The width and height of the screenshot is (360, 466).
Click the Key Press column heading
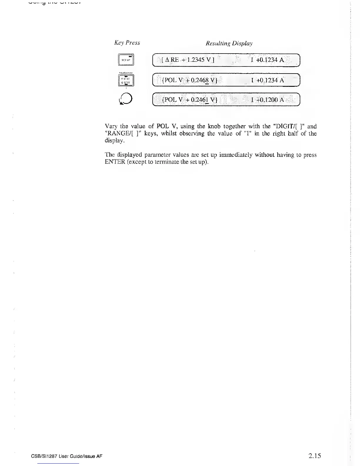[127, 43]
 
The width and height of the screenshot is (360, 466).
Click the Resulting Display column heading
[229, 44]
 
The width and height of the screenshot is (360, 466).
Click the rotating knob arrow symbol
[126, 99]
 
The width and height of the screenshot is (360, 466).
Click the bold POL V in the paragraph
[166, 127]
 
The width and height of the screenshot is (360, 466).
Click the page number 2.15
[315, 456]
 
